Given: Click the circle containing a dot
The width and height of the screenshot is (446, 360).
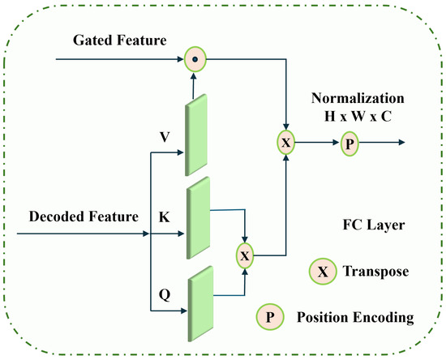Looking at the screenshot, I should [195, 58].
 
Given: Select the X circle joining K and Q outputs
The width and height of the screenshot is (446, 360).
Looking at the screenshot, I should [245, 255].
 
